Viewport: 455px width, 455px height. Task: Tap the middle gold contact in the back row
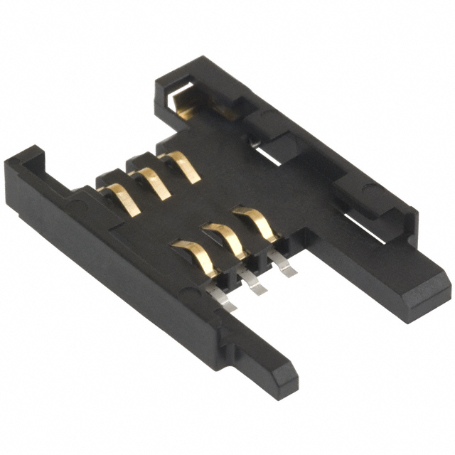154,182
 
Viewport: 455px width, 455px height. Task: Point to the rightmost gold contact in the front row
257,222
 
